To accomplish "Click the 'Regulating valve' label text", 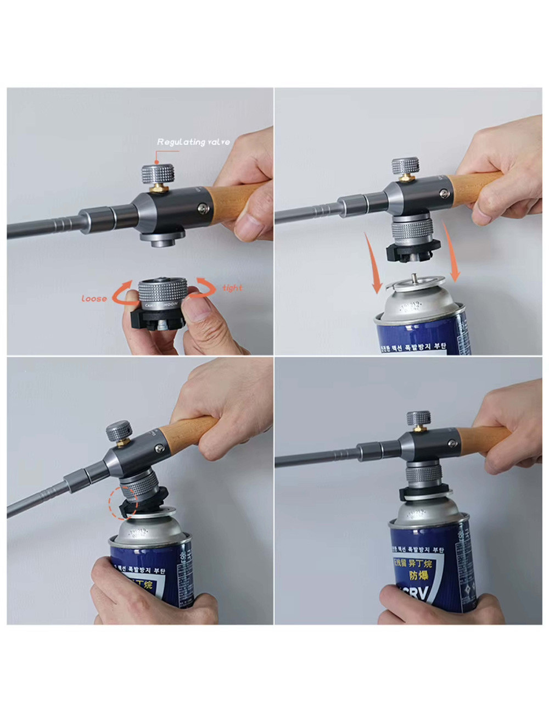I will pos(193,142).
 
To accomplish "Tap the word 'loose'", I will pos(94,298).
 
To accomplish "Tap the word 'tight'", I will pos(232,288).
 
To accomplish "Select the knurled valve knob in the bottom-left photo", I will pos(119,431).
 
